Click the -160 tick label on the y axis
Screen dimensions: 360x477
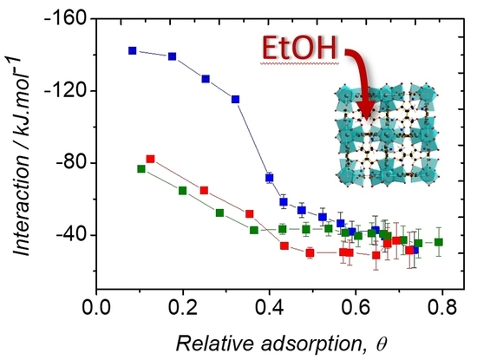[63, 19]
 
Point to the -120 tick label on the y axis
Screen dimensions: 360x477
[63, 91]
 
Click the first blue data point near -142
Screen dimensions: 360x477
[132, 50]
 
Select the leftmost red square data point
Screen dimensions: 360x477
[150, 159]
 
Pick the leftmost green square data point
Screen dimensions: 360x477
[141, 168]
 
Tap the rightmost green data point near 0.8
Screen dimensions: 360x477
[439, 242]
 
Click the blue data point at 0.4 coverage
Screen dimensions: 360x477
[270, 177]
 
